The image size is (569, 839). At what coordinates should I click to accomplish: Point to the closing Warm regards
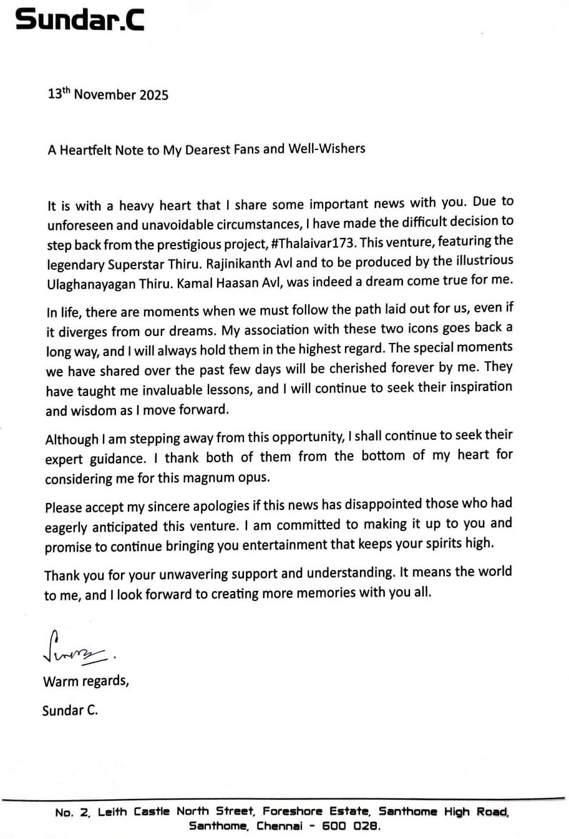(86, 681)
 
